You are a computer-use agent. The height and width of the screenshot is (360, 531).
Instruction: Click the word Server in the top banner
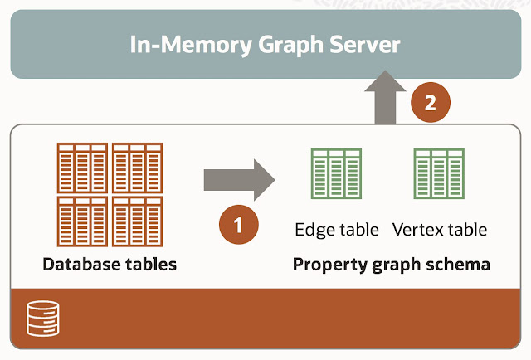click(360, 45)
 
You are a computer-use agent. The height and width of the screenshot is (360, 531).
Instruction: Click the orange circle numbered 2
click(431, 104)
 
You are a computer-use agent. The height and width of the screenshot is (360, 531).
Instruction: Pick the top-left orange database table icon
click(82, 168)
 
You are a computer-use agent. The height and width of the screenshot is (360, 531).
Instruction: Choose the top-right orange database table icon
click(137, 168)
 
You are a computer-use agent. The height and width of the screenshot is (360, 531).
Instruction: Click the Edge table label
click(337, 229)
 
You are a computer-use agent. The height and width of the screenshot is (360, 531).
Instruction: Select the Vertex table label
click(439, 229)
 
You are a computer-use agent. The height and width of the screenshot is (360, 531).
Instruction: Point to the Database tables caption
click(110, 265)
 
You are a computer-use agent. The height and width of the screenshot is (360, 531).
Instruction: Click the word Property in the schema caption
click(326, 265)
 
